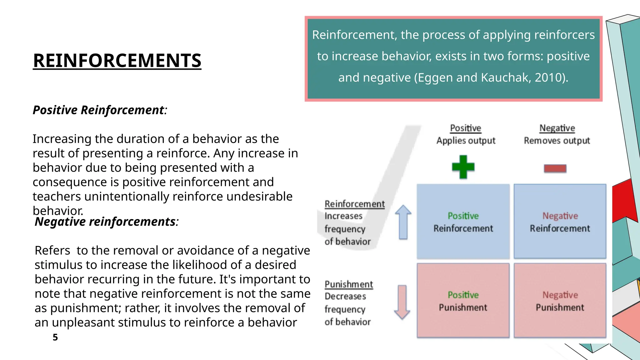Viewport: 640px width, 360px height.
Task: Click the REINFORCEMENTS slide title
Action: click(117, 60)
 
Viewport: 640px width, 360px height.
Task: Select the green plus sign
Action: click(463, 167)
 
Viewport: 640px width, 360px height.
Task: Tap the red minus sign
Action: click(555, 168)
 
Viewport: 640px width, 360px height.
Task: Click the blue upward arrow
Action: click(403, 222)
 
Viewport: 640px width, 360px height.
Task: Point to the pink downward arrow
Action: click(402, 302)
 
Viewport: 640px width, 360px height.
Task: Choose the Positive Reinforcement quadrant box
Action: click(463, 222)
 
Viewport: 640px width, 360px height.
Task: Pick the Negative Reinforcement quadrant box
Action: click(560, 222)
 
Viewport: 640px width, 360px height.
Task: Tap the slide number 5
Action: click(55, 337)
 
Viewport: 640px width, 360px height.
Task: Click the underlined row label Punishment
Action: click(349, 284)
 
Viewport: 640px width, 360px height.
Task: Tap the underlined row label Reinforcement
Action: click(355, 204)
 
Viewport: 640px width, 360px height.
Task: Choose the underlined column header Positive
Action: click(465, 128)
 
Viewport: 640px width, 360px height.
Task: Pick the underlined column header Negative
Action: click(557, 128)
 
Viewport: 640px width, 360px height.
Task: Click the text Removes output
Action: click(557, 141)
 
